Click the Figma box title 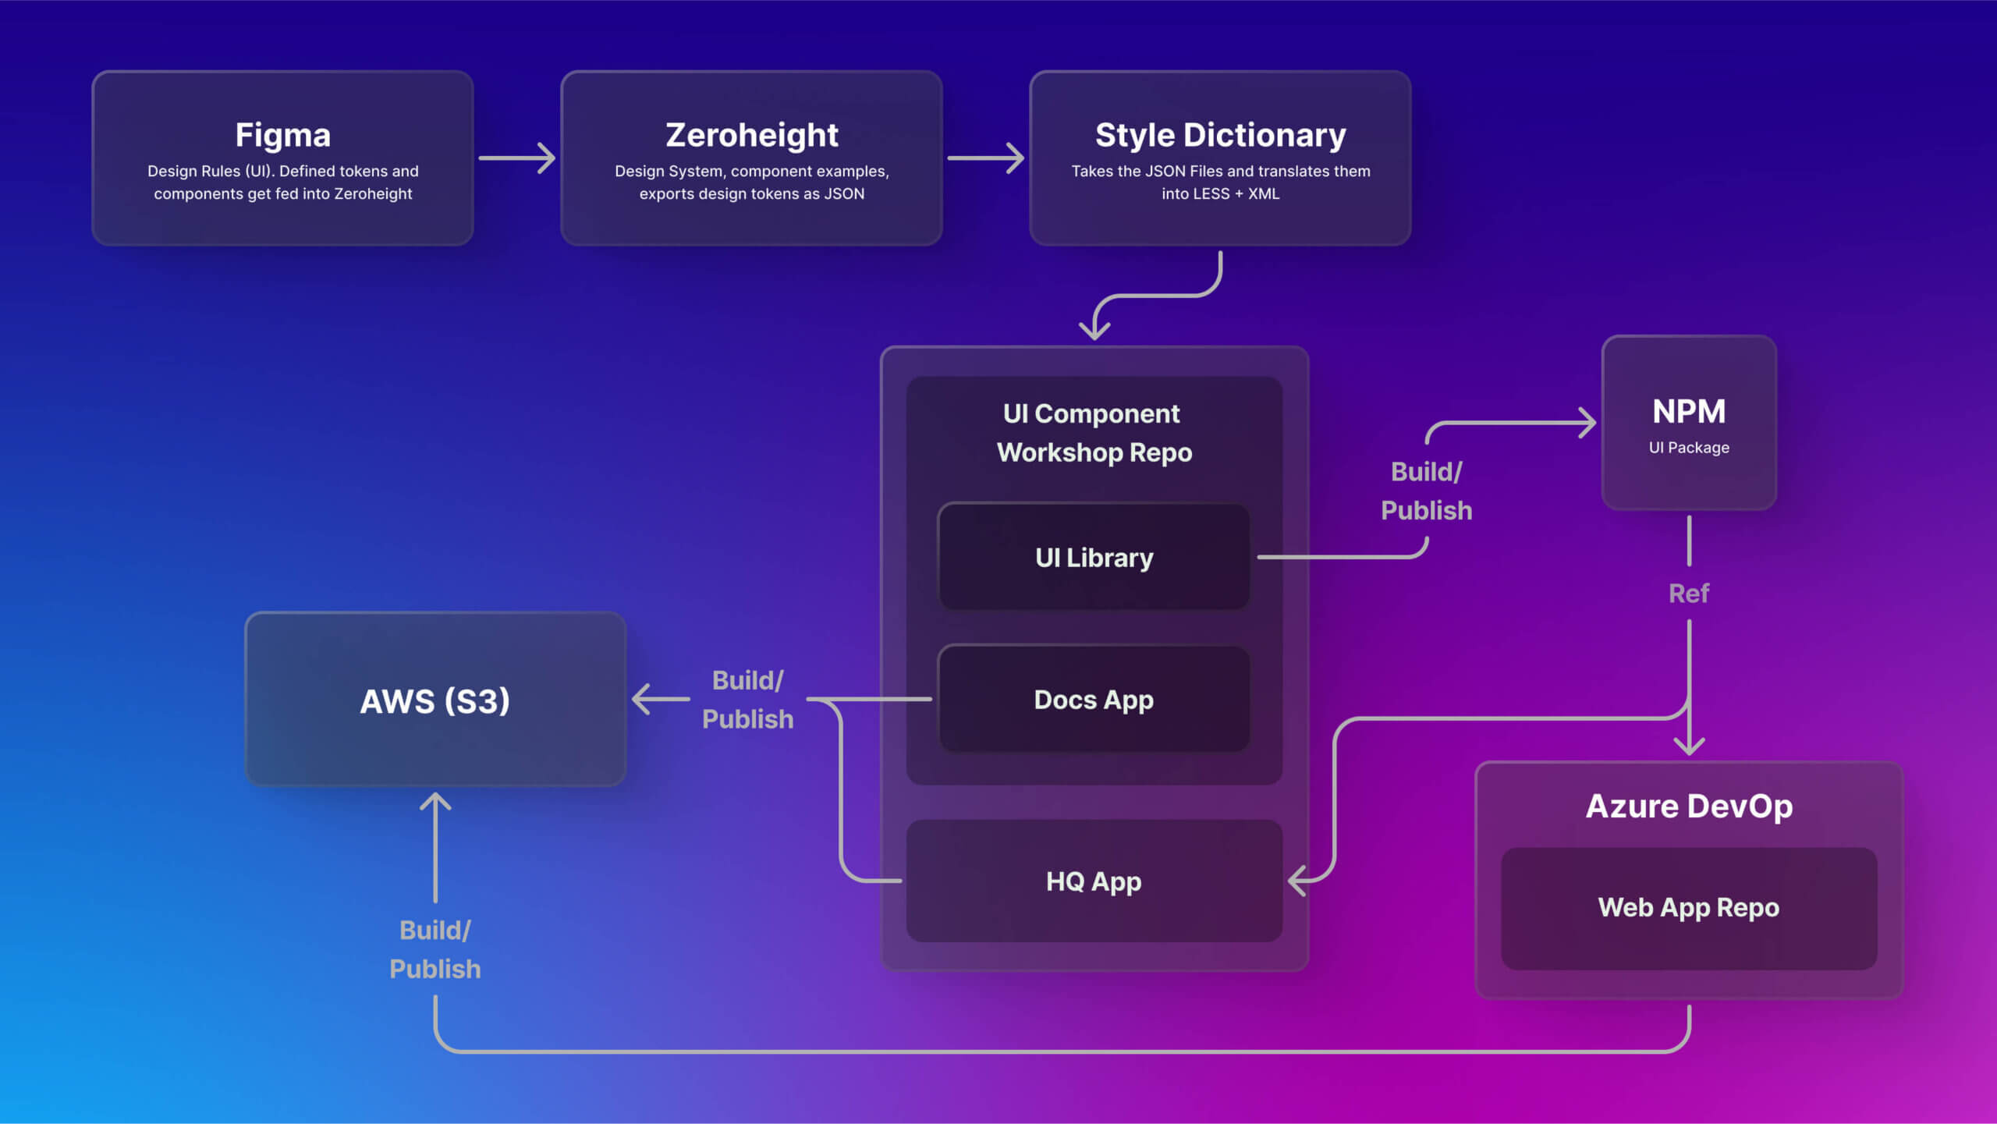pyautogui.click(x=282, y=135)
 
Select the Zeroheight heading pyautogui.click(x=751, y=135)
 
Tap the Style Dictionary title pyautogui.click(x=1220, y=135)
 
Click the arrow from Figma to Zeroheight pyautogui.click(x=516, y=158)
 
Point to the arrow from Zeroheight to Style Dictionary pyautogui.click(x=985, y=158)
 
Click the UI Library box pyautogui.click(x=1094, y=557)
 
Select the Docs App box pyautogui.click(x=1094, y=699)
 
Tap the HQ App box pyautogui.click(x=1094, y=881)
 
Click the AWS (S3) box pyautogui.click(x=435, y=700)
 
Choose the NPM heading pyautogui.click(x=1689, y=411)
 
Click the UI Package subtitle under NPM pyautogui.click(x=1689, y=448)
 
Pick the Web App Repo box pyautogui.click(x=1689, y=907)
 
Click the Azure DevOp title pyautogui.click(x=1689, y=806)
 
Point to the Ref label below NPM pyautogui.click(x=1689, y=594)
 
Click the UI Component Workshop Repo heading pyautogui.click(x=1094, y=433)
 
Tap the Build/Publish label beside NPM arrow pyautogui.click(x=1427, y=491)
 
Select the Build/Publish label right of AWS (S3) pyautogui.click(x=747, y=699)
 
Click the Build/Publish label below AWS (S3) pyautogui.click(x=435, y=949)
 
